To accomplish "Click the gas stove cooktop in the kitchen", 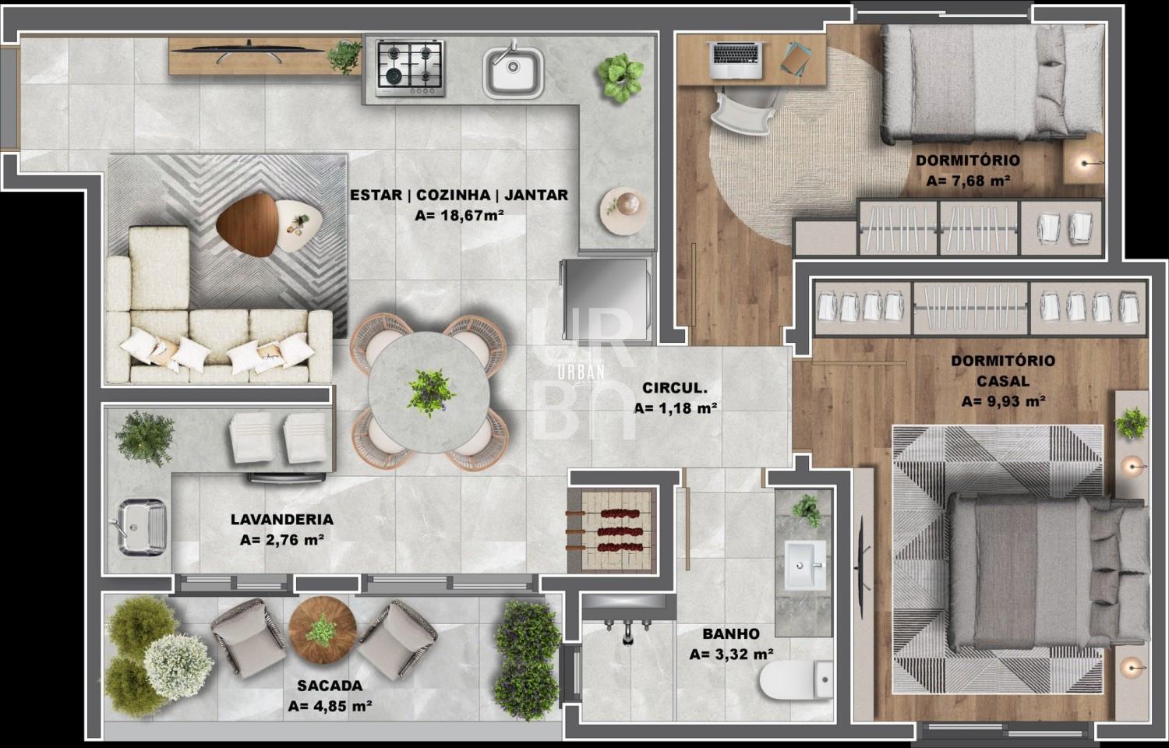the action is tap(410, 68).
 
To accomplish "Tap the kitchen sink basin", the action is tap(513, 71).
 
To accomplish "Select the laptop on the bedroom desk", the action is tap(736, 60).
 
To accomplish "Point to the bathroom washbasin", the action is tap(805, 564).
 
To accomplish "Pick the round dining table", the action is tap(429, 392).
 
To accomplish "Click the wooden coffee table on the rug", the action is tap(248, 225).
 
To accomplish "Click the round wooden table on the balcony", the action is tap(323, 630).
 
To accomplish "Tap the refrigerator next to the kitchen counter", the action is tap(606, 299).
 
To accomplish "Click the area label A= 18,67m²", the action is tap(459, 215).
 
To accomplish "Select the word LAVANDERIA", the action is tap(282, 519).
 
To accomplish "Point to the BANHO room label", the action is tap(731, 633).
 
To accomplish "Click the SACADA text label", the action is tap(330, 686).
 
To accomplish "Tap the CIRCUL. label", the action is tap(674, 388).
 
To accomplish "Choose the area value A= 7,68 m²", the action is tap(968, 181).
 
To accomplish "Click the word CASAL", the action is tap(1003, 381).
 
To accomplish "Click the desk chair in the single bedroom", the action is tap(743, 113).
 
